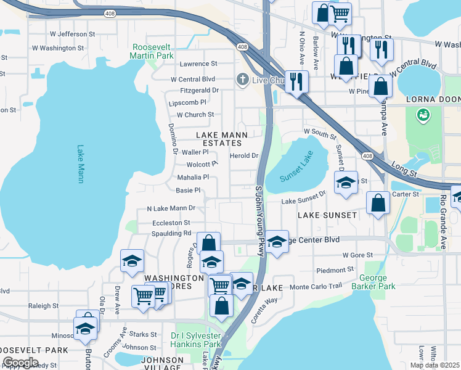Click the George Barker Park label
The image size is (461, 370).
[x=373, y=282]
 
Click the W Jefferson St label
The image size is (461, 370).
[x=73, y=35]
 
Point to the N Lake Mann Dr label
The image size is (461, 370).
[x=171, y=208]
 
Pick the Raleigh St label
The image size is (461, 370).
[x=43, y=305]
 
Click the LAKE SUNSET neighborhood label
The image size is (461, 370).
[x=327, y=215]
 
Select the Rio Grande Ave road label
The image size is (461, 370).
[x=443, y=223]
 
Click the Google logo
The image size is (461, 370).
[x=20, y=363]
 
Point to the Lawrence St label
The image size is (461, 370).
[x=198, y=64]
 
